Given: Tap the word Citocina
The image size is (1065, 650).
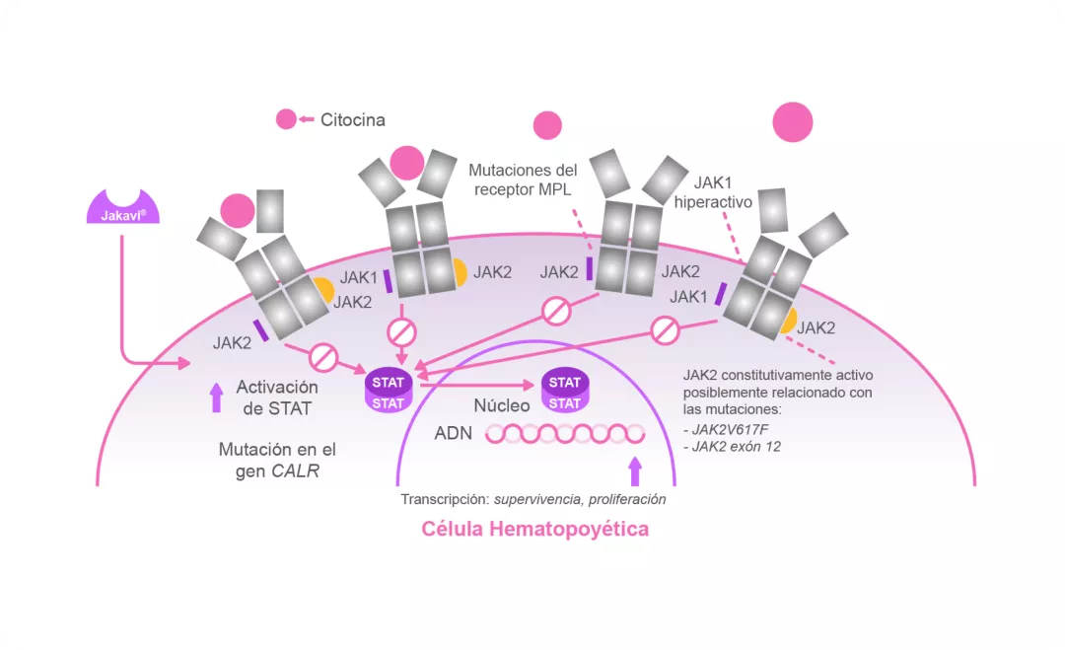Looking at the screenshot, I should [352, 120].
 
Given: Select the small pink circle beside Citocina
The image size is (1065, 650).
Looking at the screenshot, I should [286, 120].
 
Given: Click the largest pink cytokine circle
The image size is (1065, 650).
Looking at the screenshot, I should [793, 123].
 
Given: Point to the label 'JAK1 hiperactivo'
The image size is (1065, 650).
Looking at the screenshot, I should [713, 192].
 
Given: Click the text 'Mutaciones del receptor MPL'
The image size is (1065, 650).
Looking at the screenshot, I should [523, 180].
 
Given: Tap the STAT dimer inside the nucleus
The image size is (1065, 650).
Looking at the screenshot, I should [564, 393].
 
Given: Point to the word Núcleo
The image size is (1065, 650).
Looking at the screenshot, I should [502, 405].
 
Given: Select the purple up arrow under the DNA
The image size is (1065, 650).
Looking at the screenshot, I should [634, 470].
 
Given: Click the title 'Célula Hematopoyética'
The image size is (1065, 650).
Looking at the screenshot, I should [535, 529].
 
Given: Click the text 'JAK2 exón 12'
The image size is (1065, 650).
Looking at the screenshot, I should [731, 449].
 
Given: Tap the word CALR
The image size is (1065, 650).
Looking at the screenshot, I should [294, 471].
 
